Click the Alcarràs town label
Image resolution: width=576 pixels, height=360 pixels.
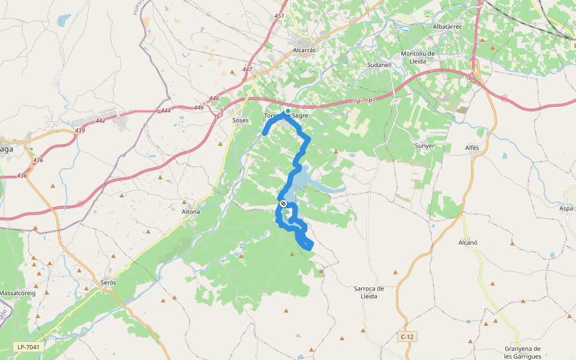[x=304, y=50]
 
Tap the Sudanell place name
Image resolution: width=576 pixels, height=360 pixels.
[x=379, y=65]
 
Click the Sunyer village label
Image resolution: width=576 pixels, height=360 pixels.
[x=424, y=146]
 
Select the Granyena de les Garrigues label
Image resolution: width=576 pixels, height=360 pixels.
[x=523, y=352]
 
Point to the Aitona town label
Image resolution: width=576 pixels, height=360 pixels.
[x=191, y=212]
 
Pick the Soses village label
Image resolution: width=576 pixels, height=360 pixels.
[x=241, y=120]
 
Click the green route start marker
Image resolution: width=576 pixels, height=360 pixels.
[x=288, y=111]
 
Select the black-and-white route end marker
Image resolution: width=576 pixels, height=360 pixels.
[x=283, y=204]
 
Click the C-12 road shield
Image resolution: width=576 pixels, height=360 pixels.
[x=407, y=337]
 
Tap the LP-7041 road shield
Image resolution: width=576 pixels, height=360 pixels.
[x=28, y=347]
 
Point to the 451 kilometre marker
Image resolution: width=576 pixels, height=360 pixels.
[x=279, y=16]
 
